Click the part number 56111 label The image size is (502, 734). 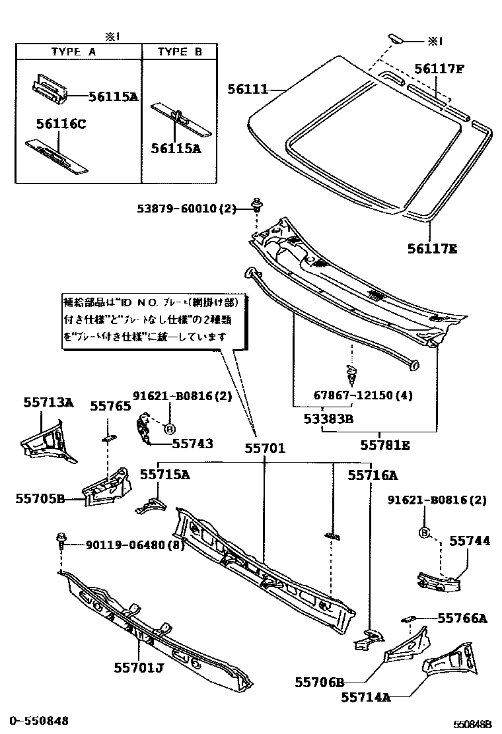click(x=248, y=88)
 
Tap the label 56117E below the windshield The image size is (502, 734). click(x=432, y=249)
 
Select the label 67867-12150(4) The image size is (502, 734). click(x=363, y=396)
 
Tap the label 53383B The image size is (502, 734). click(x=328, y=418)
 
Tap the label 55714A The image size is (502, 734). click(x=367, y=696)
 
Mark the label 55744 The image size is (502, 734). click(x=470, y=541)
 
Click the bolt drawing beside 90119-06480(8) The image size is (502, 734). click(x=61, y=541)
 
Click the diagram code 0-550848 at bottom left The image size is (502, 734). click(x=39, y=721)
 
